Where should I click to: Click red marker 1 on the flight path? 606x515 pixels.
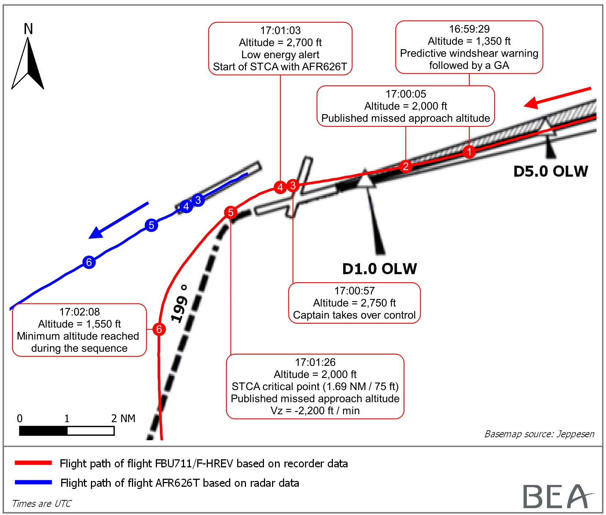[x=469, y=151]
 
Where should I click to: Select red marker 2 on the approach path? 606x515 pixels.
[x=405, y=166]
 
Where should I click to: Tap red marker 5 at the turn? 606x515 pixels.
[x=231, y=212]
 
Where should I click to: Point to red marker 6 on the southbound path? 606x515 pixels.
[x=159, y=329]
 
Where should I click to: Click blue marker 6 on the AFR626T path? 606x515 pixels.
[x=89, y=262]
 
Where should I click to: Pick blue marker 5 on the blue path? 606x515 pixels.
[x=151, y=225]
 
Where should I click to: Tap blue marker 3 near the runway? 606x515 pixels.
[x=198, y=200]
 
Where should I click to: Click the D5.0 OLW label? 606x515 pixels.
[x=550, y=172]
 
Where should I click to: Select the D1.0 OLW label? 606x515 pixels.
[x=379, y=269]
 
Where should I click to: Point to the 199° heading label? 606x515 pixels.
[x=180, y=304]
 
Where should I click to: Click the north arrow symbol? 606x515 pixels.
[x=28, y=62]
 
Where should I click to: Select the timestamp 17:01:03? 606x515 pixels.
[x=280, y=30]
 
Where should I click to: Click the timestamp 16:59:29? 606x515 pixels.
[x=469, y=29]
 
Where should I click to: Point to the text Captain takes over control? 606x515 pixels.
[x=354, y=315]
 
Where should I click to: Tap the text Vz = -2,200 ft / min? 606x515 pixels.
[x=315, y=411]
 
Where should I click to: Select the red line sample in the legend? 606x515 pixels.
[x=33, y=463]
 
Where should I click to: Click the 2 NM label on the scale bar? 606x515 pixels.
[x=123, y=418]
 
